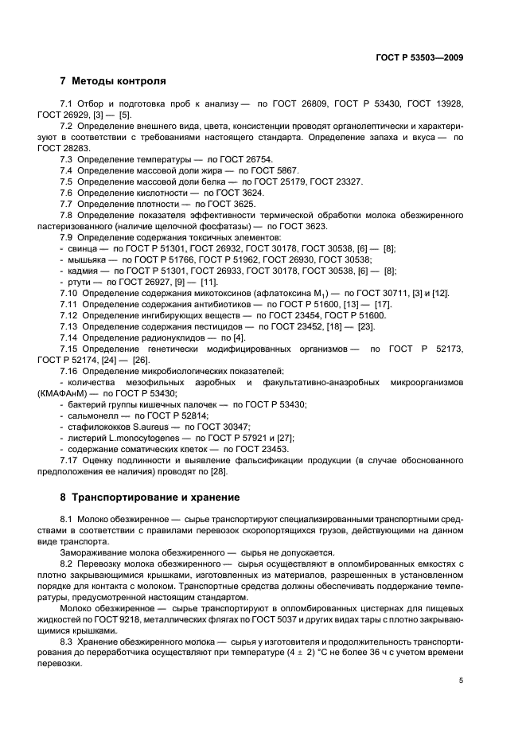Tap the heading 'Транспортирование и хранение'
click(x=155, y=497)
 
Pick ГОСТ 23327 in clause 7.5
click(x=337, y=182)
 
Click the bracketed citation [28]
click(x=218, y=471)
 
